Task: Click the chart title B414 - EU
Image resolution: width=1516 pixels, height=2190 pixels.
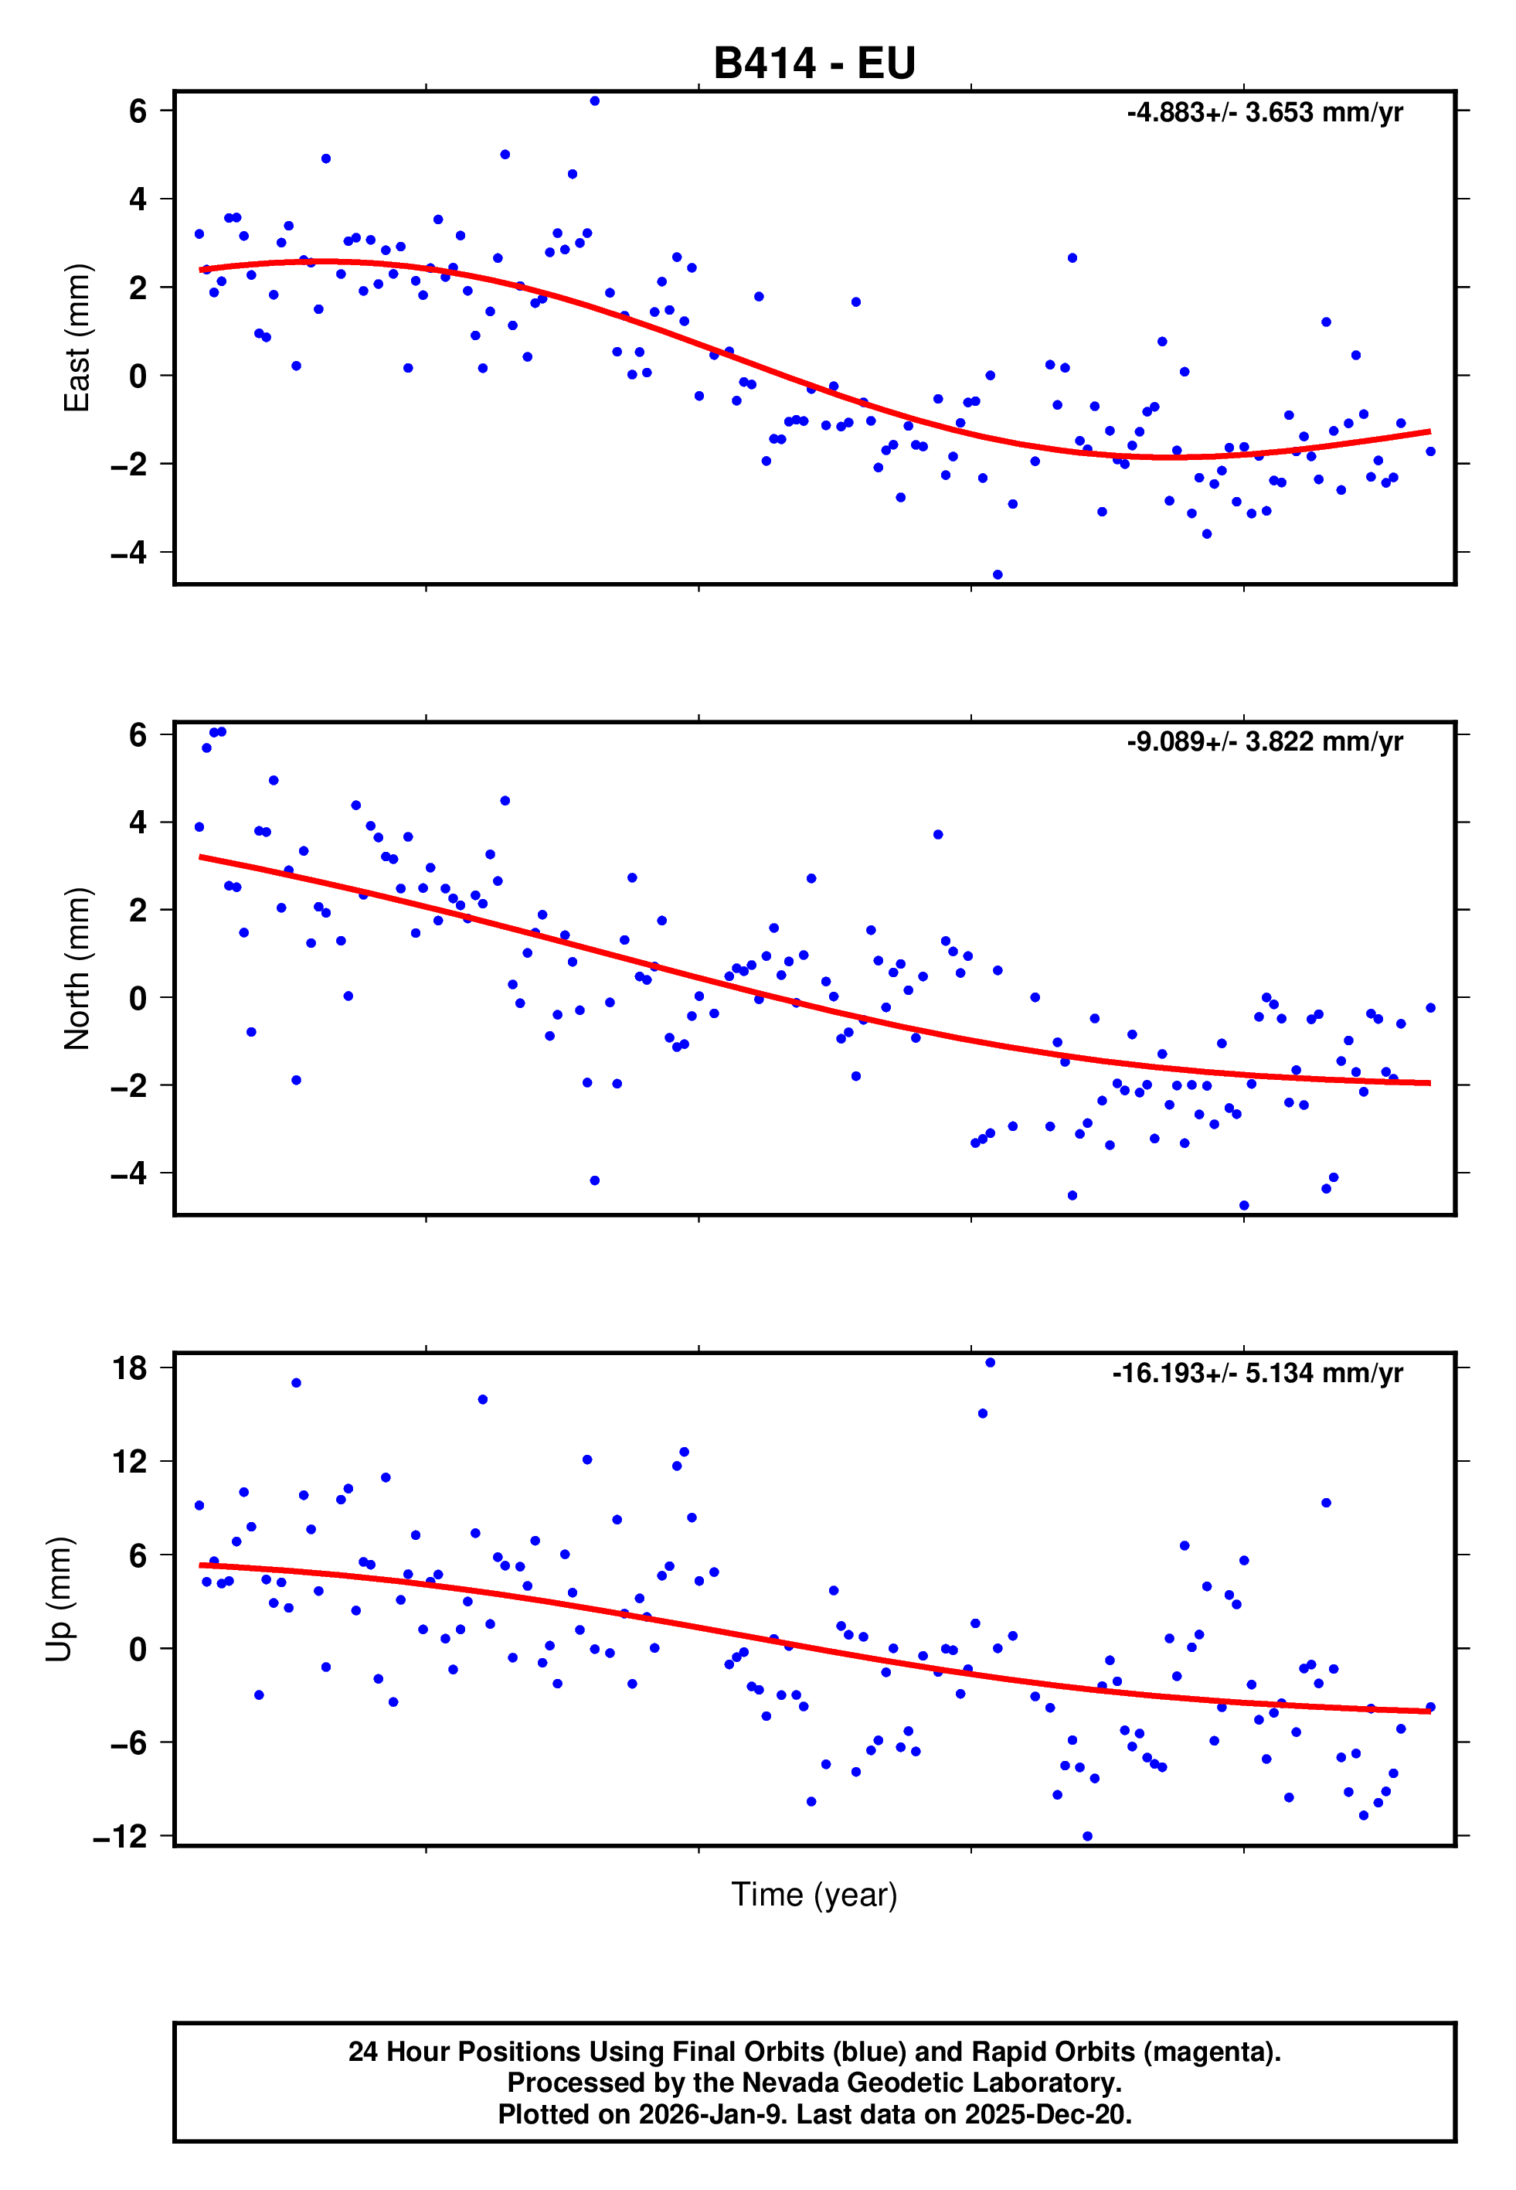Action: tap(814, 63)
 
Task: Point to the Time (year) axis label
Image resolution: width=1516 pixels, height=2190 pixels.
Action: tap(814, 1895)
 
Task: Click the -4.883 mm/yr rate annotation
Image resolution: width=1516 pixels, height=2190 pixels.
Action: tap(1264, 113)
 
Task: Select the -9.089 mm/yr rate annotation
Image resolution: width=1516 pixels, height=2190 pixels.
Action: tap(1264, 742)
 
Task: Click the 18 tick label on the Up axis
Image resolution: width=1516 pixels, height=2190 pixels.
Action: tap(130, 1368)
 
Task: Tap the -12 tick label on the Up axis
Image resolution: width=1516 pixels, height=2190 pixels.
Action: tap(121, 1837)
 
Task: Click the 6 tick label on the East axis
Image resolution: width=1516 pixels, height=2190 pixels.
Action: tap(138, 111)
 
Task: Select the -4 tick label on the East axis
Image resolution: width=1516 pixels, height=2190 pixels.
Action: tap(129, 552)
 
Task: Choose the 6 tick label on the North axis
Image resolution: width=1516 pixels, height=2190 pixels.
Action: tap(138, 734)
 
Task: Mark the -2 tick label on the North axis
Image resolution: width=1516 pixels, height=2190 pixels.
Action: tap(129, 1085)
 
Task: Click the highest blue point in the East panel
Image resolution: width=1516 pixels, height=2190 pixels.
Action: tap(595, 100)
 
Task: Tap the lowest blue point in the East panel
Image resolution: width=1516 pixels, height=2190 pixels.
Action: tap(998, 575)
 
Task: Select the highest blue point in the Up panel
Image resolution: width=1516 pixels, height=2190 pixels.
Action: tap(990, 1362)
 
